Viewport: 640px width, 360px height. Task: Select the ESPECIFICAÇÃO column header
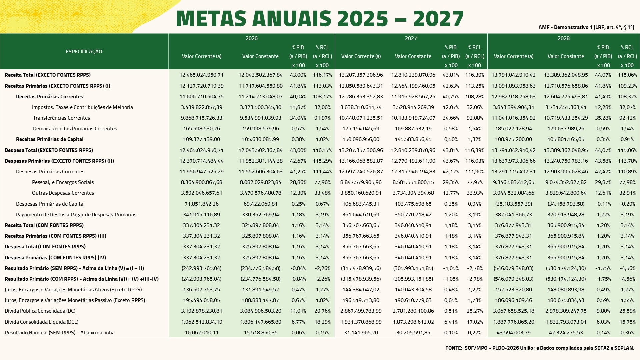[x=84, y=51]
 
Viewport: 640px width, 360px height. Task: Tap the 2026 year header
[x=251, y=38]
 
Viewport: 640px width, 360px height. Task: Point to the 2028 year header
[x=563, y=38]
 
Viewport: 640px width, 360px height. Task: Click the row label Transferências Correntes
[x=61, y=118]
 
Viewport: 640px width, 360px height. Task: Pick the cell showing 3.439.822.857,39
[x=201, y=107]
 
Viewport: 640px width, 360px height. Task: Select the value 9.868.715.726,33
[x=201, y=118]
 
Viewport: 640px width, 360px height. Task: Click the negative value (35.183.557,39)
[x=513, y=204]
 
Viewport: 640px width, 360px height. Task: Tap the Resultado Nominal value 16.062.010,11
[x=201, y=332]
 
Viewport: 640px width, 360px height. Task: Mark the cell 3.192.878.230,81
[x=201, y=311]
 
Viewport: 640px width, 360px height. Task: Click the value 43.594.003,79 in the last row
[x=513, y=332]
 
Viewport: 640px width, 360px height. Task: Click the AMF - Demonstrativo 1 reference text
[x=586, y=27]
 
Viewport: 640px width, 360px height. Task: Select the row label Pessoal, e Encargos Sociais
[x=63, y=182]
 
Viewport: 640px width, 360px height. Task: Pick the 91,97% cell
[x=322, y=118]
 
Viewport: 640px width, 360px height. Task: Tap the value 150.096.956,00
[x=361, y=139]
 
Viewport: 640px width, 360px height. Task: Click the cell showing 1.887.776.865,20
[x=513, y=322]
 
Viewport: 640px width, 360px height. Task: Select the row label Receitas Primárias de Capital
[x=50, y=139]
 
